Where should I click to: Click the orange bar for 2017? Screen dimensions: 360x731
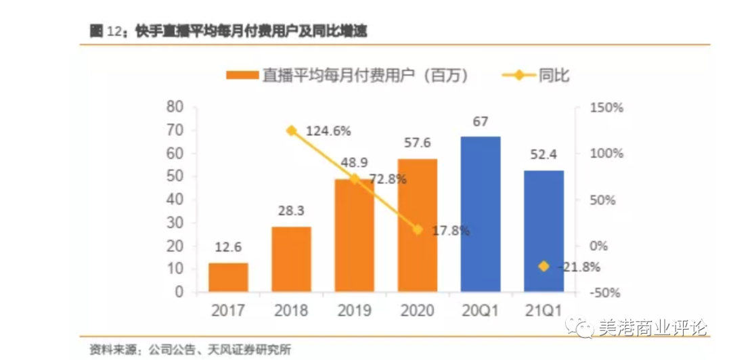click(x=228, y=277)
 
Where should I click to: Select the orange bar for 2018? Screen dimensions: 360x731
click(x=291, y=259)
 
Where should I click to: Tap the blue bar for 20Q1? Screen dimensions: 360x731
click(x=480, y=215)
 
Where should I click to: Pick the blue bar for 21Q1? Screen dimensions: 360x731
click(x=543, y=231)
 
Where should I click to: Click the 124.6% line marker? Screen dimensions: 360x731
click(x=292, y=131)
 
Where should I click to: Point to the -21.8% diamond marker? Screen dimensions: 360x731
click(x=543, y=267)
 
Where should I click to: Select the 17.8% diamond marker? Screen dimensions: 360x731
click(x=418, y=230)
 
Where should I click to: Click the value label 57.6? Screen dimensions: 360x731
click(x=418, y=143)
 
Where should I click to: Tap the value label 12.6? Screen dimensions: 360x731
click(x=228, y=248)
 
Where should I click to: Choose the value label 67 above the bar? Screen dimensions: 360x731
click(x=480, y=122)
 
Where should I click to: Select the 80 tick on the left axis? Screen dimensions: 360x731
click(x=175, y=107)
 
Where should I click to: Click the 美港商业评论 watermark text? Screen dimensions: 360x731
click(x=652, y=329)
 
